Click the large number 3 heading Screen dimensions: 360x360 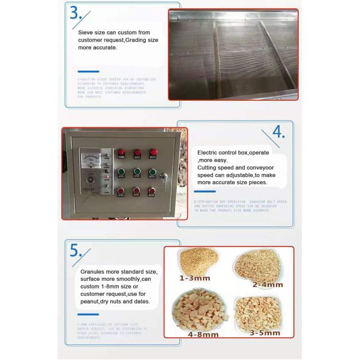75,13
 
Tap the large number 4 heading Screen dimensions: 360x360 278,132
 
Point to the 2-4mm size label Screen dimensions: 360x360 267,284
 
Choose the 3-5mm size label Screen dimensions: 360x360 265,332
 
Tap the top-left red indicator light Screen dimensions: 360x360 120,154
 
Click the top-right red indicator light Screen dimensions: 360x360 153,154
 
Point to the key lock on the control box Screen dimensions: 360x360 163,176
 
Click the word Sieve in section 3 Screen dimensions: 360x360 87,32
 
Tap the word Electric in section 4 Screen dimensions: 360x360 209,152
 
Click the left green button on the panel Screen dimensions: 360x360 120,172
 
